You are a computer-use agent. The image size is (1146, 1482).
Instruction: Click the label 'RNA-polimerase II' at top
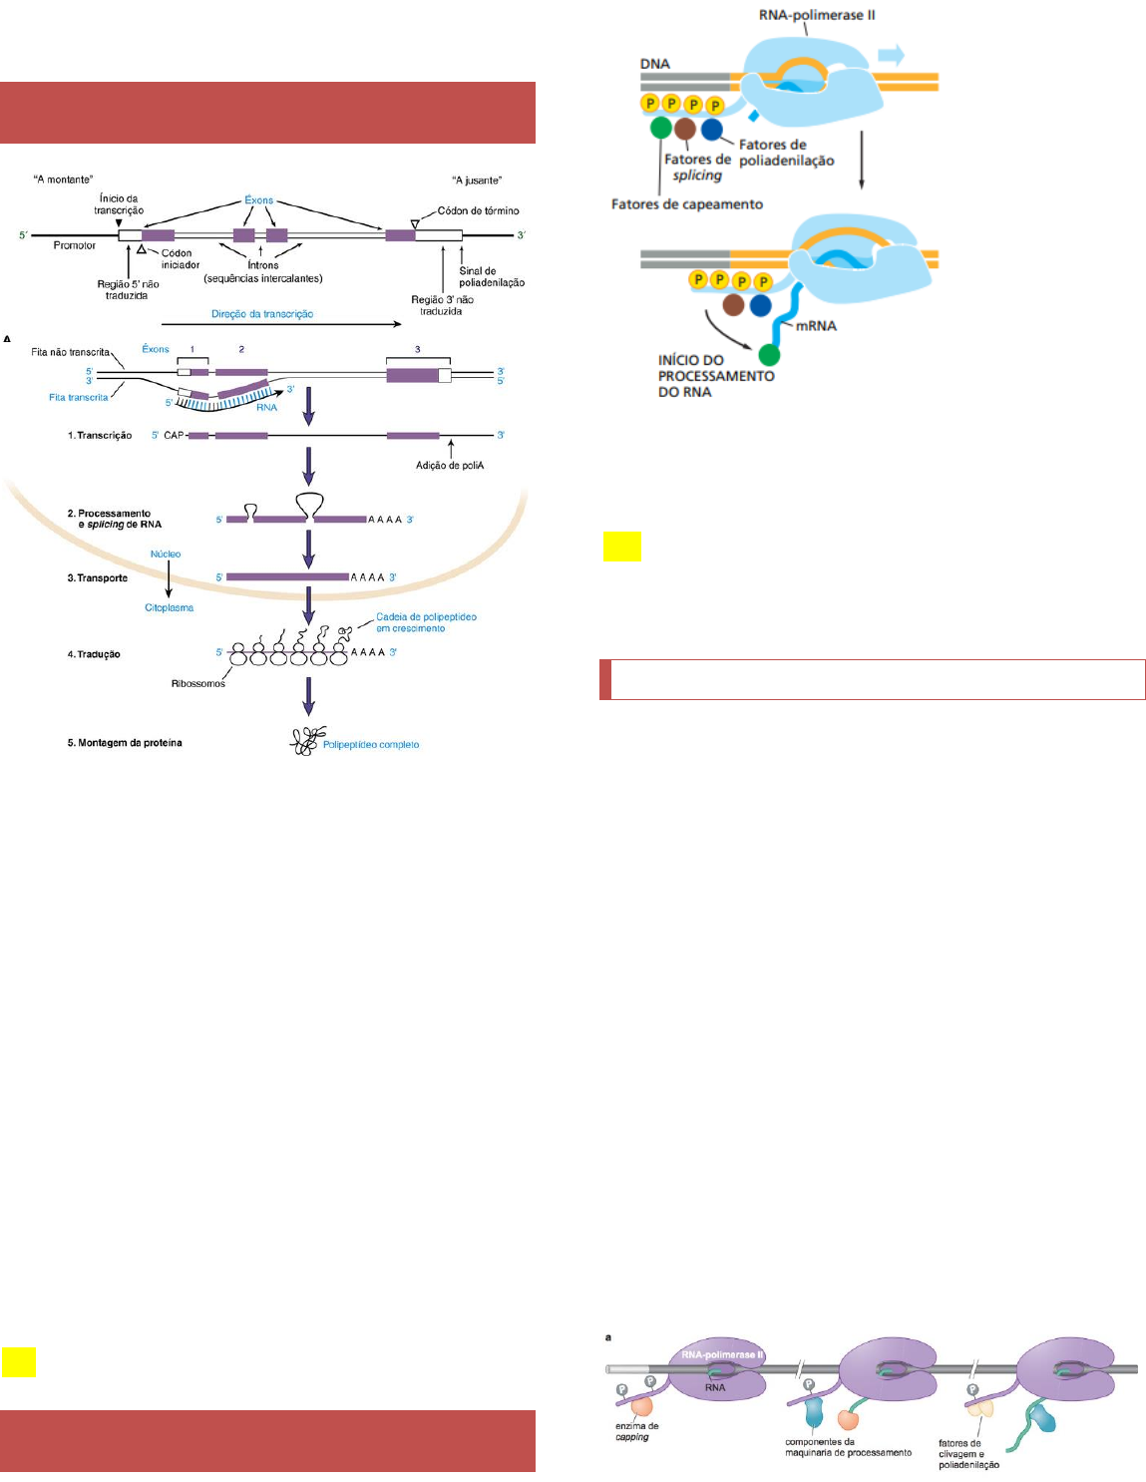pos(817,15)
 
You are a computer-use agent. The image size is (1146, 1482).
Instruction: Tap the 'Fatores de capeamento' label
pos(686,204)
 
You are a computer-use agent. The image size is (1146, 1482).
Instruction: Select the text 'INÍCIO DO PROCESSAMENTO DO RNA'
pos(715,376)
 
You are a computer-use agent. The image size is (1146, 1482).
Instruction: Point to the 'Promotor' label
pos(75,245)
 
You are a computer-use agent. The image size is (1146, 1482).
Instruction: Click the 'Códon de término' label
pos(478,211)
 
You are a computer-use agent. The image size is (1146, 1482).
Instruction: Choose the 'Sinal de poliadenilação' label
pos(491,276)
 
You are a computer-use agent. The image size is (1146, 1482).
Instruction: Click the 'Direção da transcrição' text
pos(262,314)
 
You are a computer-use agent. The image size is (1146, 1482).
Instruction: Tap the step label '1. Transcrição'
pos(100,436)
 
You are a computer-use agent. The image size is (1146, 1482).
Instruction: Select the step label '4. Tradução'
pos(94,654)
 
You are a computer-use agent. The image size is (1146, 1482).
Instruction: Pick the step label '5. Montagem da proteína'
pos(125,743)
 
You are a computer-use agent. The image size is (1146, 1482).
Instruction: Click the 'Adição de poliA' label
pos(450,466)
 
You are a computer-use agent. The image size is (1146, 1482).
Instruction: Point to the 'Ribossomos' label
pos(198,684)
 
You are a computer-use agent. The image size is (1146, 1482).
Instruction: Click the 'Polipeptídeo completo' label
pos(371,745)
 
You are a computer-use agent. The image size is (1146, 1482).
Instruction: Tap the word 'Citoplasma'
pos(170,608)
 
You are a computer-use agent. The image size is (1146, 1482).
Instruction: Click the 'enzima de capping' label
pos(636,1431)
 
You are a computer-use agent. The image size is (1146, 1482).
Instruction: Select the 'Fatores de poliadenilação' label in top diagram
pos(786,153)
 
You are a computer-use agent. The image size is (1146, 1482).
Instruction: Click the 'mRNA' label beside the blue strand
pos(816,326)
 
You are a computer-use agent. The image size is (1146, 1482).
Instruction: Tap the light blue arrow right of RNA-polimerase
pos(891,55)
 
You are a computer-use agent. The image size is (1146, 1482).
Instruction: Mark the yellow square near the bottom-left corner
pos(19,1362)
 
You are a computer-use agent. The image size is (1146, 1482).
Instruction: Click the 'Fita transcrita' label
pos(79,398)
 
